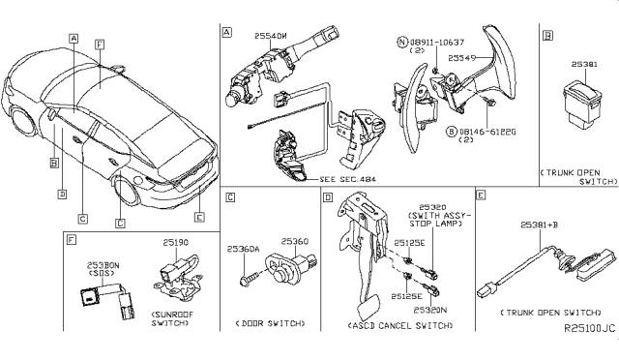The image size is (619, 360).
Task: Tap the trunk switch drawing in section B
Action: coord(583,118)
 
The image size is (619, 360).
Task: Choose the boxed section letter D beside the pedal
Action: coord(327,197)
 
